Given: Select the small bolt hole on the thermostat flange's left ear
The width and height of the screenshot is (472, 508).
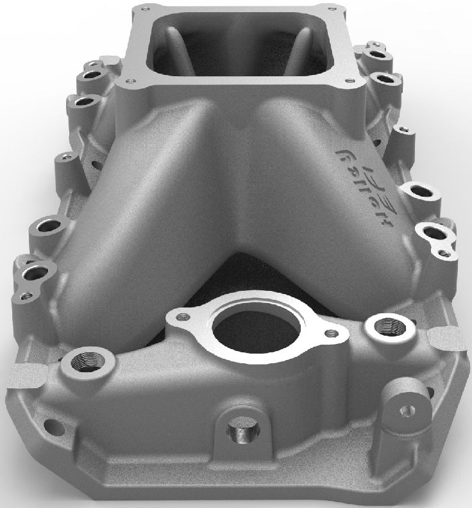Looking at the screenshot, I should point(185,316).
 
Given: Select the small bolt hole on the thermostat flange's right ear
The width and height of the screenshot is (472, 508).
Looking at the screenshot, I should point(330,333).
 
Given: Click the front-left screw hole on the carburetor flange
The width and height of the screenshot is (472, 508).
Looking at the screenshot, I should point(130,81).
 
